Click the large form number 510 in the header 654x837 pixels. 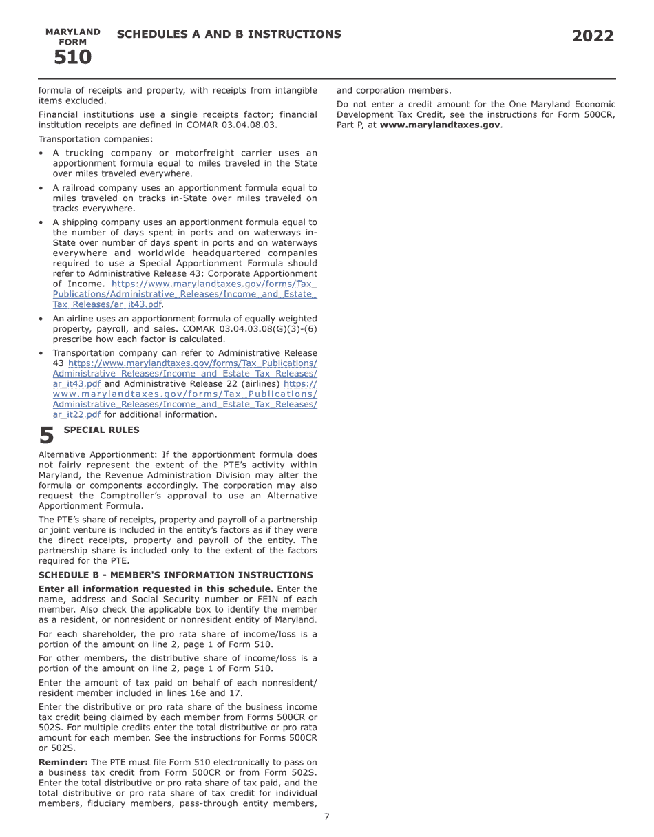(x=72, y=57)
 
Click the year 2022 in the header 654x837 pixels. (x=593, y=36)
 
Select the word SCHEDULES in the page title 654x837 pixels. (x=149, y=34)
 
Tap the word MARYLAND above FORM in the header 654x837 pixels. (x=72, y=32)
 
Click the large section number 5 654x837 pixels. (x=46, y=436)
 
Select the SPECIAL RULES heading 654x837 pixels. (x=101, y=430)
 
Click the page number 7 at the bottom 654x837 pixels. (x=327, y=817)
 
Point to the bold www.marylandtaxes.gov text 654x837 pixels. (x=440, y=125)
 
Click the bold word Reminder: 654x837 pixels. (x=63, y=762)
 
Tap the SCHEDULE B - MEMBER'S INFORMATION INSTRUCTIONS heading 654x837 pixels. (x=176, y=575)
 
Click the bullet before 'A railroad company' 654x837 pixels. (x=41, y=188)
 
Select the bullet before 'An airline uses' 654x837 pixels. (x=41, y=319)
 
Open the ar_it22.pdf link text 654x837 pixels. (x=76, y=415)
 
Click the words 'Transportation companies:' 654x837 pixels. (x=96, y=139)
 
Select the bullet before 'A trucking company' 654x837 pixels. (x=41, y=153)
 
